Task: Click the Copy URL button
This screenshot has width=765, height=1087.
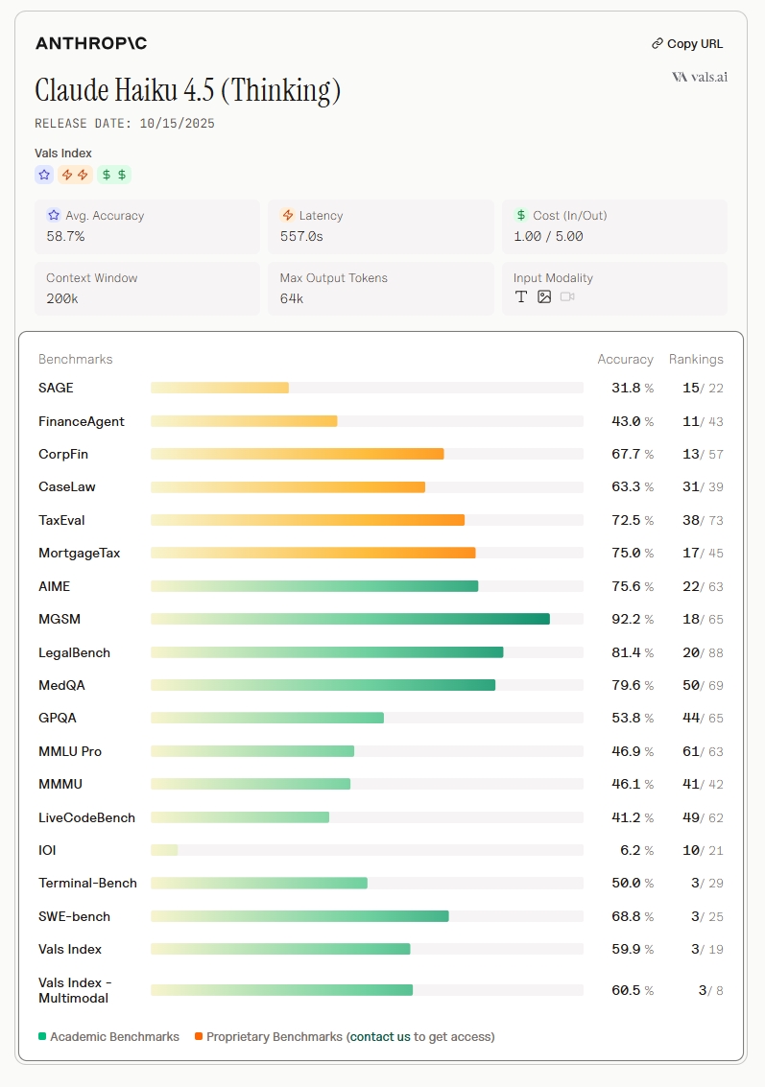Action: (687, 43)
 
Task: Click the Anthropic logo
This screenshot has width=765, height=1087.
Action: (91, 43)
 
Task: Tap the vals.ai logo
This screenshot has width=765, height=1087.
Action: (700, 77)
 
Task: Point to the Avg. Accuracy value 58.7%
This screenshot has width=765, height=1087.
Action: (65, 236)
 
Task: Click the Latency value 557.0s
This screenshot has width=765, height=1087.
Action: (301, 236)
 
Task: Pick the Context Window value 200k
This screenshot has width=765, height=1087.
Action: (62, 298)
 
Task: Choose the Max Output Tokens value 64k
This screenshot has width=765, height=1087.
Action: (292, 298)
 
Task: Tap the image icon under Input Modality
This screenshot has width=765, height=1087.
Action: (544, 297)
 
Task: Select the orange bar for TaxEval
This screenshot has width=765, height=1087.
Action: (307, 520)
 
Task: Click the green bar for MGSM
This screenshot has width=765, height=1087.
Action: (350, 619)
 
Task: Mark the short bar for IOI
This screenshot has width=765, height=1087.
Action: (164, 850)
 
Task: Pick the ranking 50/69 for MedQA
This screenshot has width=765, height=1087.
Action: (703, 685)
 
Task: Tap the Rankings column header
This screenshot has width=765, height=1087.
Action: (696, 359)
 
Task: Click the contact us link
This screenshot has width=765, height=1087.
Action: (380, 1036)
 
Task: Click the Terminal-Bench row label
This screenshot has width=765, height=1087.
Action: (87, 883)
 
